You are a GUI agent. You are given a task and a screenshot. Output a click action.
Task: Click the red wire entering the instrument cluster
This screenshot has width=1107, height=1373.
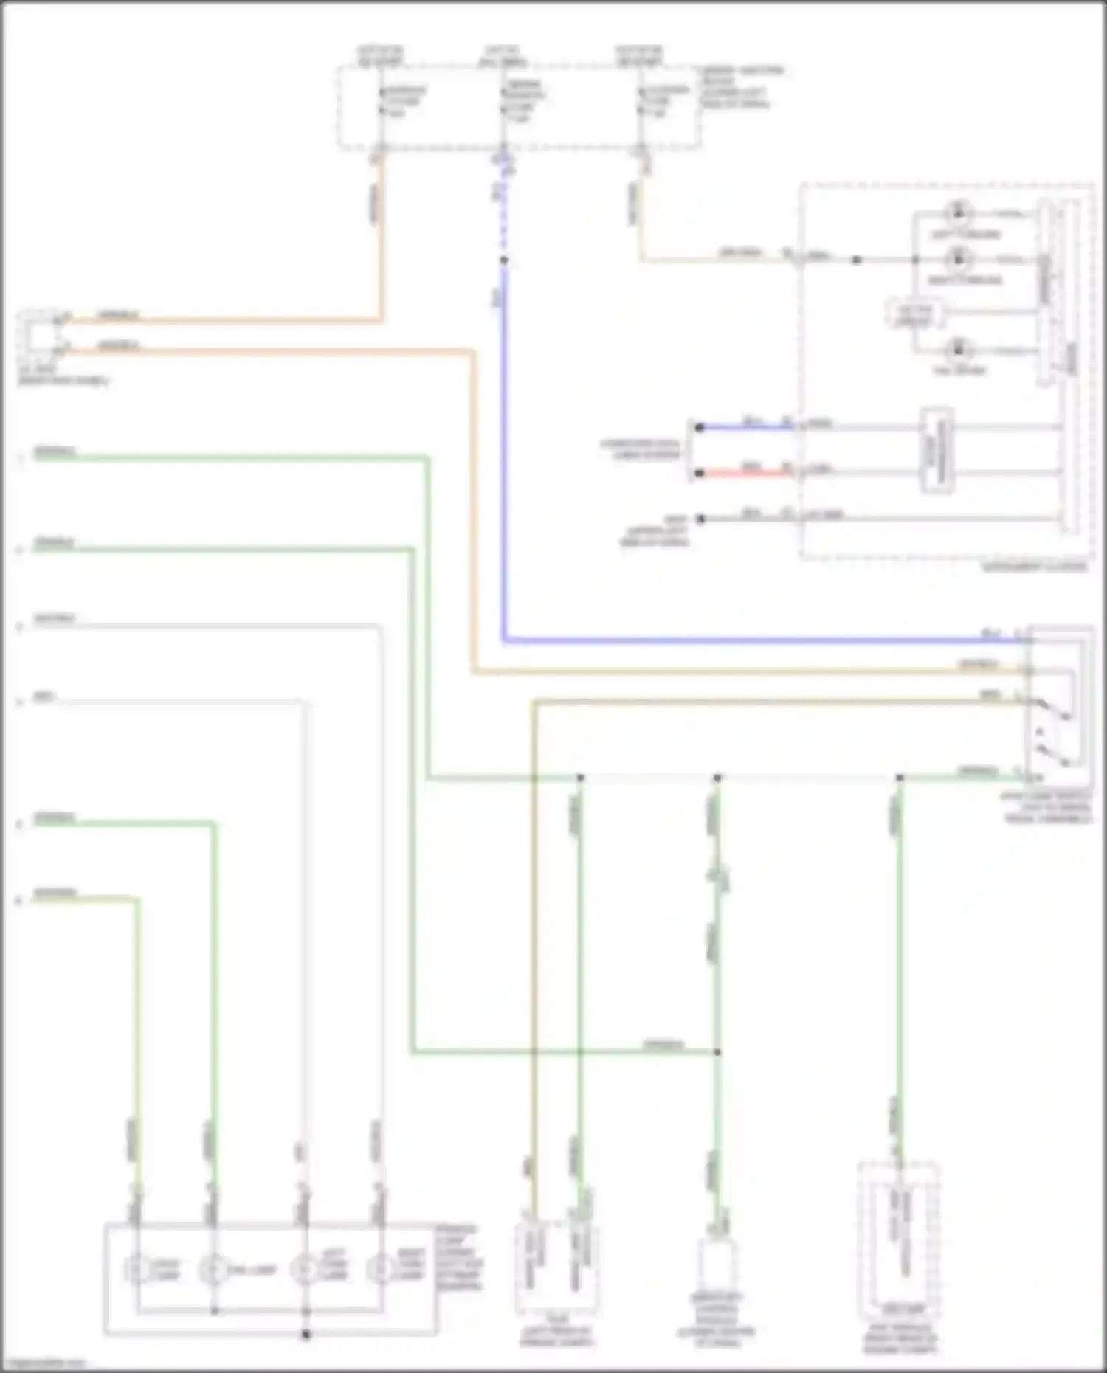(745, 473)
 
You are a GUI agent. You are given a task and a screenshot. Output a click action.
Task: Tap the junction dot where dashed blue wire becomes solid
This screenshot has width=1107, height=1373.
(504, 260)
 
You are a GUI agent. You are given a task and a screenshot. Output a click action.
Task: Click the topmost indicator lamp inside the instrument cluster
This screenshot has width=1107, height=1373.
(958, 213)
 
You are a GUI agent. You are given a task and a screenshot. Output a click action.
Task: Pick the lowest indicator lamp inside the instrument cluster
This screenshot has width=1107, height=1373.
(958, 349)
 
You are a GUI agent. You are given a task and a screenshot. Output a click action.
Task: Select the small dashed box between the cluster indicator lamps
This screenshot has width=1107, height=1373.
(914, 314)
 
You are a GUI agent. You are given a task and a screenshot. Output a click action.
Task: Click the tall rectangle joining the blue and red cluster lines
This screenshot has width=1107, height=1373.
(936, 449)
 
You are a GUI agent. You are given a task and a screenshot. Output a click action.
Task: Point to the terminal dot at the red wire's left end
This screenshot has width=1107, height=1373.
(699, 473)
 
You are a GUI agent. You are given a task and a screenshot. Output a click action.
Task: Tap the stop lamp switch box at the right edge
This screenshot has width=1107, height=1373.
(1059, 705)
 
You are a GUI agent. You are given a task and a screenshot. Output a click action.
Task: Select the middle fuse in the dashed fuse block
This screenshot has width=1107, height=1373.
(504, 103)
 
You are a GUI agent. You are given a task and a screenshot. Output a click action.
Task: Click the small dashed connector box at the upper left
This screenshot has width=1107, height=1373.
(37, 333)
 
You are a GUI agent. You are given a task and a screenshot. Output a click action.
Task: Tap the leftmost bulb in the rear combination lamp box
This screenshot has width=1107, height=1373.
(137, 1270)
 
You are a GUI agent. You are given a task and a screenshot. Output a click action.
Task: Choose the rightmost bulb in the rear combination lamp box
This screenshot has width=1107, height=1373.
(379, 1270)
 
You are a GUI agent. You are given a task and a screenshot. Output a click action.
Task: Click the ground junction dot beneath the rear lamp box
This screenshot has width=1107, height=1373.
(306, 1334)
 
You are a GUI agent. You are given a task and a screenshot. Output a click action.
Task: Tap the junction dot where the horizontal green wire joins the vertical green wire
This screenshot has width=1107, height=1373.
(717, 1052)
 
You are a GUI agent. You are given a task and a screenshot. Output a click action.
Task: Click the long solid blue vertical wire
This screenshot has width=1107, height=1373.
(504, 457)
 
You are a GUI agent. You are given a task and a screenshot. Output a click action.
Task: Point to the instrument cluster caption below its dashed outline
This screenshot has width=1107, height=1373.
(1035, 567)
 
